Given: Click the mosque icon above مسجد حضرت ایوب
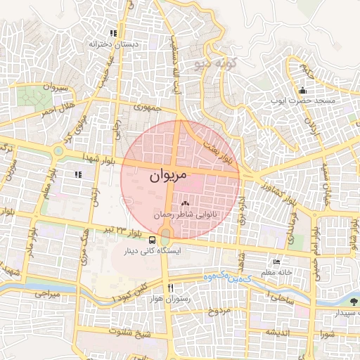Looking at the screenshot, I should tap(302, 90).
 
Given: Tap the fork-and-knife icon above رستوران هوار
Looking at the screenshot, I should tap(169, 288).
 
